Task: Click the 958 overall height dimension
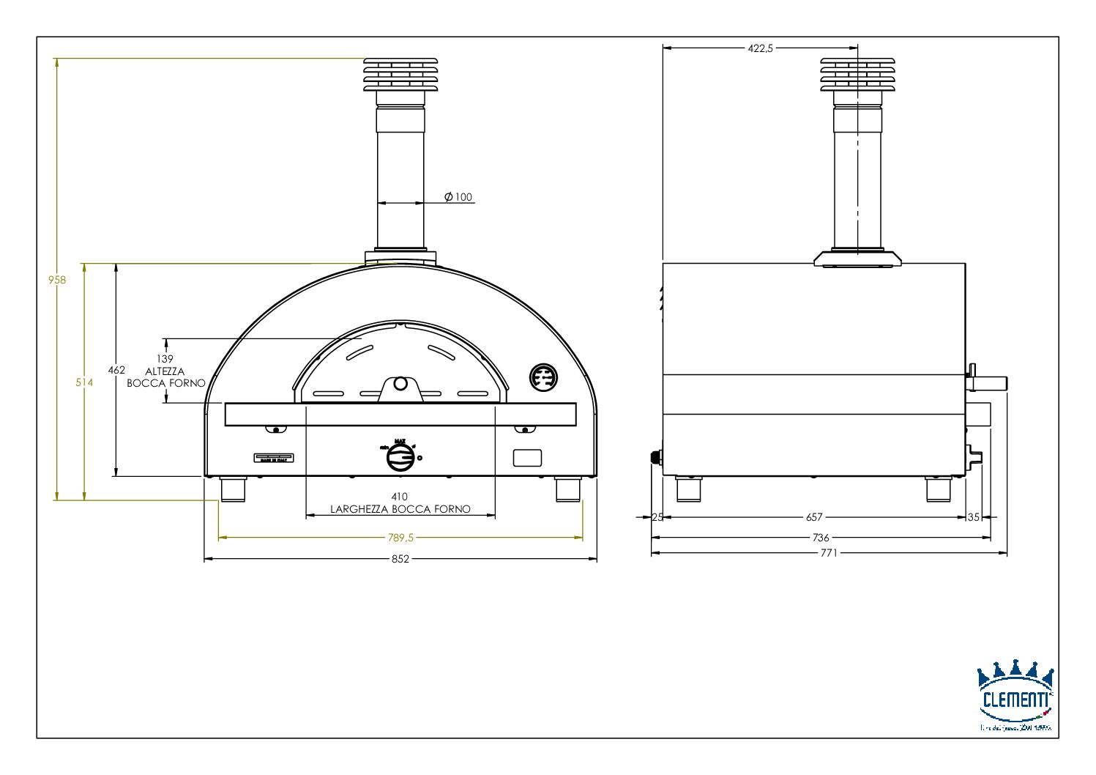pos(57,279)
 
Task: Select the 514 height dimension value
pos(84,382)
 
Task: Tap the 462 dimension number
pos(116,370)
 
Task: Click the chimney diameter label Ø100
pos(459,197)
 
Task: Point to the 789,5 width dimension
pos(400,537)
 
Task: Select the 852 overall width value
pos(400,559)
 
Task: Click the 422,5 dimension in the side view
pos(760,48)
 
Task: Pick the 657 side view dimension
pos(814,517)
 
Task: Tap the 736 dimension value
pos(821,538)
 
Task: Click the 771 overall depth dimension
pos(828,553)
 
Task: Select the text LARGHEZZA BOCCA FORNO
pos(400,509)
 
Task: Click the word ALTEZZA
pos(165,371)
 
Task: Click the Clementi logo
pos(1015,696)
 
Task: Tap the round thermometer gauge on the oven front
pos(543,378)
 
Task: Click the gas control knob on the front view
pos(400,458)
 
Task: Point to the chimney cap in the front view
pos(400,75)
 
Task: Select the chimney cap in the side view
pos(857,75)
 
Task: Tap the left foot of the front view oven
pos(233,489)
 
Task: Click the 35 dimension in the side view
pos(973,517)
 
